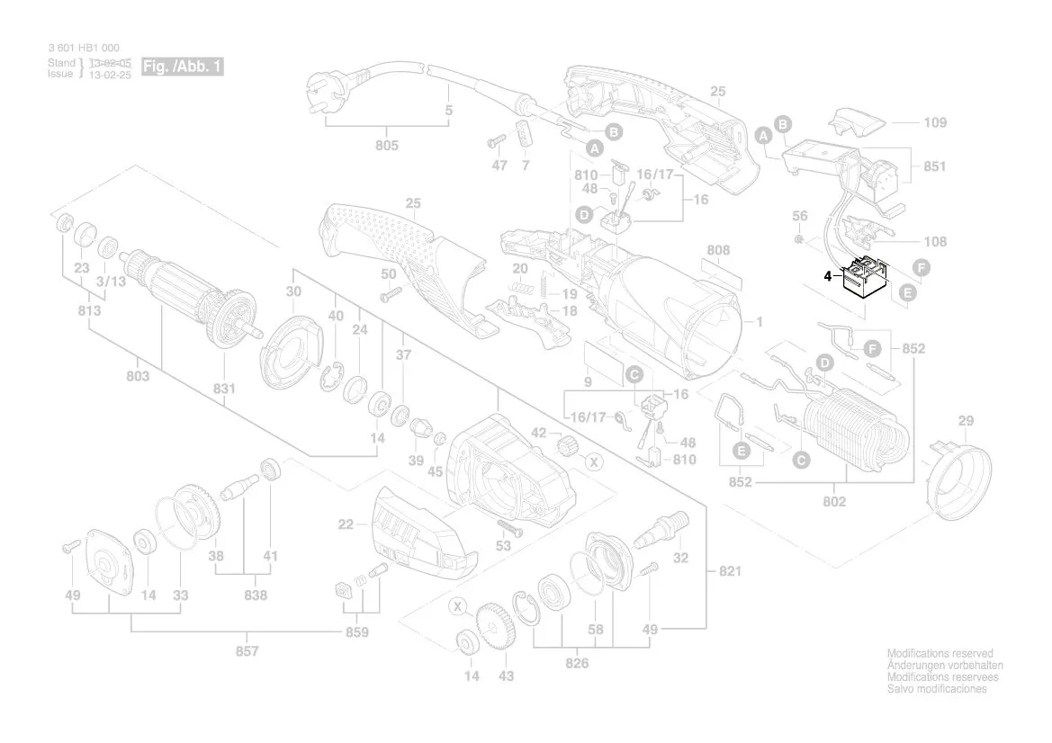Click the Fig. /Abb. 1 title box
click(x=182, y=67)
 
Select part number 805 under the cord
click(x=386, y=145)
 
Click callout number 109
click(x=935, y=121)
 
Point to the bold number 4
click(x=828, y=277)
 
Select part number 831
click(x=224, y=389)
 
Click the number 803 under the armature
click(x=138, y=376)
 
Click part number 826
click(x=577, y=663)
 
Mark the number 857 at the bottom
click(x=247, y=650)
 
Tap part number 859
click(x=357, y=631)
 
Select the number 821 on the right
click(x=730, y=572)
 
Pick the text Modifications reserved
click(x=940, y=654)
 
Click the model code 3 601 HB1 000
click(x=83, y=48)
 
